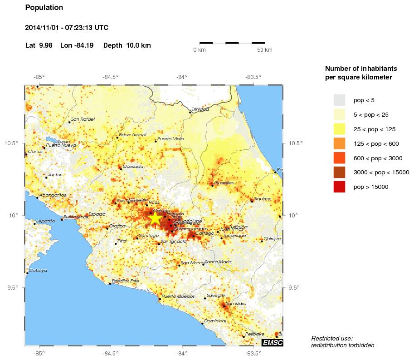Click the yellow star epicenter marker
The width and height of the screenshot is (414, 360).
click(x=155, y=218)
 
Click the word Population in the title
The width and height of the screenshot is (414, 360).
click(x=44, y=8)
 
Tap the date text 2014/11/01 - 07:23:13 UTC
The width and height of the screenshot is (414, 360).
click(x=67, y=28)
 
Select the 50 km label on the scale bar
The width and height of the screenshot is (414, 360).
click(x=265, y=50)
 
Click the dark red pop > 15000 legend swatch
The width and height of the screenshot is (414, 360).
click(x=339, y=187)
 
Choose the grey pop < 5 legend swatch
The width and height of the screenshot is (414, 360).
click(x=339, y=100)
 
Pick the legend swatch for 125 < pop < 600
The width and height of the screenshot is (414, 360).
click(x=339, y=143)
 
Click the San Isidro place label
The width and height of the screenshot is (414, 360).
click(x=236, y=303)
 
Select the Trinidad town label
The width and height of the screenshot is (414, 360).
click(x=200, y=109)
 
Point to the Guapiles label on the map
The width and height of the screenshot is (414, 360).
click(x=224, y=183)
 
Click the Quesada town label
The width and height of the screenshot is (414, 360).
click(x=133, y=166)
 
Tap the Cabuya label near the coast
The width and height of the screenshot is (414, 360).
click(x=38, y=271)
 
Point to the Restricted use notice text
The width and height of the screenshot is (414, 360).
click(x=332, y=338)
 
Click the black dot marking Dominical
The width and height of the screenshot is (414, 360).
click(x=202, y=324)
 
